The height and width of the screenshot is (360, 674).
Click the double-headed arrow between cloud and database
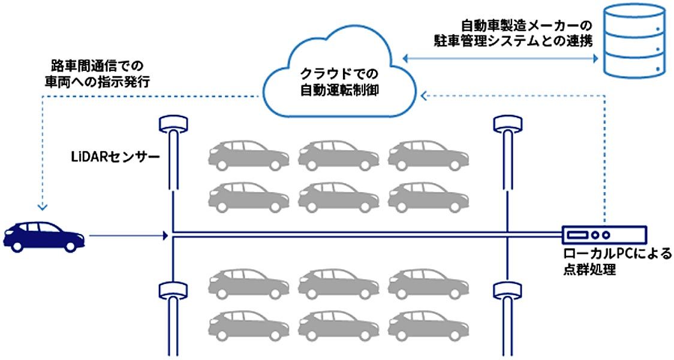click(501, 58)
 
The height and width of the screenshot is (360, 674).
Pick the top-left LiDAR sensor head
click(173, 125)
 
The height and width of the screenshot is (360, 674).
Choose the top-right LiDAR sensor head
click(507, 125)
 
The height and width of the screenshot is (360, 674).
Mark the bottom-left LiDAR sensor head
click(173, 290)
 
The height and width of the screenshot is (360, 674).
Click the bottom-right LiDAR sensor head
click(507, 290)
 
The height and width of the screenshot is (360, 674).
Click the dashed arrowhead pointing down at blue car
click(42, 207)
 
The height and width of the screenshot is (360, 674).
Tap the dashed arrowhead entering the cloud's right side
click(423, 95)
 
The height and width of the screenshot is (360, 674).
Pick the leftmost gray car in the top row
click(248, 154)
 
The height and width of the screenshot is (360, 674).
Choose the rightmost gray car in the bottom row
click(428, 326)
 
